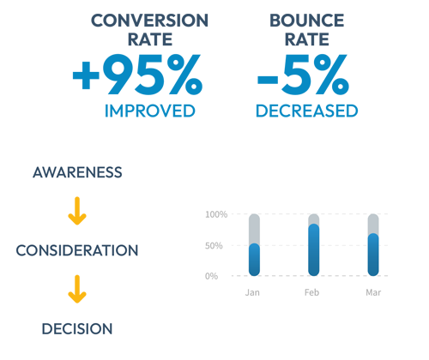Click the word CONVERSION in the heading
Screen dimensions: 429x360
pos(149,21)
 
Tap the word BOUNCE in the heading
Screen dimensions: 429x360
pos(307,21)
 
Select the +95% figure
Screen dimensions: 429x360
pos(137,75)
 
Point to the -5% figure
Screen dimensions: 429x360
pos(303,75)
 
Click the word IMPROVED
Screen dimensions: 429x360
pos(150,111)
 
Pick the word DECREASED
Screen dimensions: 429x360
pos(307,111)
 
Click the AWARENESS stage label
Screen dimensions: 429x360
pos(77,172)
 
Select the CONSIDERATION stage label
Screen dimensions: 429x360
pos(77,250)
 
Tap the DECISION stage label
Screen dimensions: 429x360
pos(77,329)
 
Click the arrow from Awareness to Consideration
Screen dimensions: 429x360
pos(77,211)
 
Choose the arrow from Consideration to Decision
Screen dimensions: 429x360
pos(77,289)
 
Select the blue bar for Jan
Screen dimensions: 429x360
pos(254,260)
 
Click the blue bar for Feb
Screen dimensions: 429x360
pos(314,250)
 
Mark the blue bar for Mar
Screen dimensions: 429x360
pos(373,255)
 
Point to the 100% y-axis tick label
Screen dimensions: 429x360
pos(216,214)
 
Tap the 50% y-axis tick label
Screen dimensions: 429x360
pos(214,245)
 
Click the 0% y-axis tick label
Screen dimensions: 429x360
pos(211,276)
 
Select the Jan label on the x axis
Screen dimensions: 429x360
pos(252,292)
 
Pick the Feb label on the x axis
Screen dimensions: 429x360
pos(311,292)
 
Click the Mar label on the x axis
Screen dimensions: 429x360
pos(373,292)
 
